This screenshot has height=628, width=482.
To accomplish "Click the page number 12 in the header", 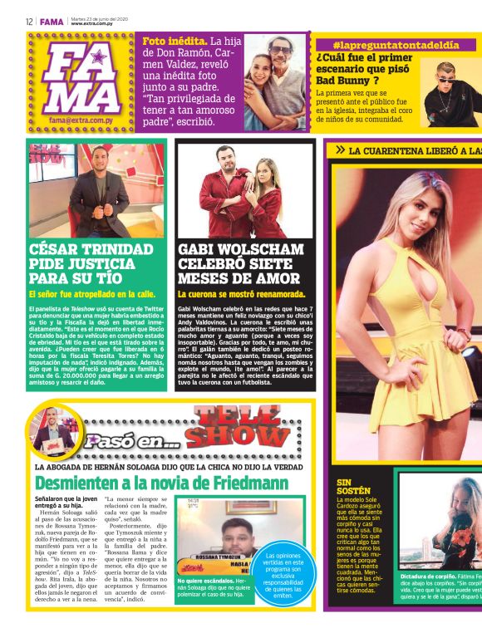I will pyautogui.click(x=28, y=22).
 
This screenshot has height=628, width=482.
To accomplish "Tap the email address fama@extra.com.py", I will pyautogui.click(x=81, y=120).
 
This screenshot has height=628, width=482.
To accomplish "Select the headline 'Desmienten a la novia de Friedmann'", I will pyautogui.click(x=161, y=483).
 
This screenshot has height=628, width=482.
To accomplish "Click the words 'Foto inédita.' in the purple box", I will pyautogui.click(x=175, y=41).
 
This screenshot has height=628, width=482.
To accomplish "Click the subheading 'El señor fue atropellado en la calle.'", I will pyautogui.click(x=91, y=294).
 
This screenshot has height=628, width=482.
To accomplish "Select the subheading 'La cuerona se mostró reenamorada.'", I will pyautogui.click(x=242, y=294).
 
